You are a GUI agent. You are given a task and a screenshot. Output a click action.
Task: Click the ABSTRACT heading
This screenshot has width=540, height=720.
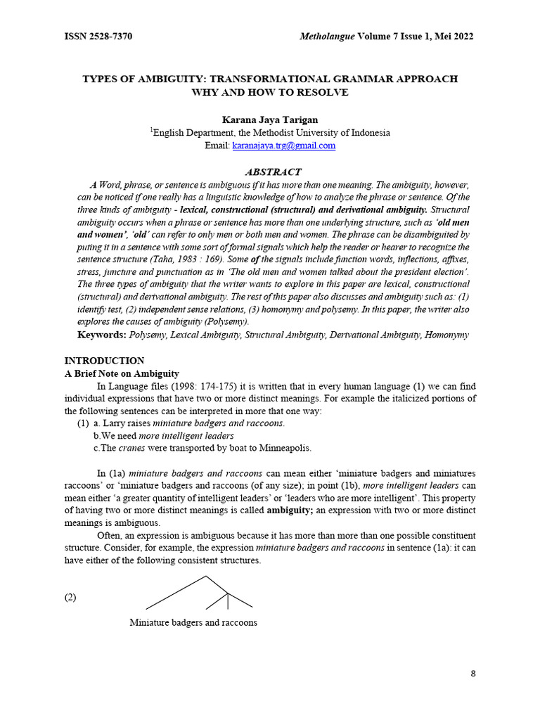(272, 172)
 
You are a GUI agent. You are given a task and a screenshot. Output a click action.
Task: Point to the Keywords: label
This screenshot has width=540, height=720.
(102, 335)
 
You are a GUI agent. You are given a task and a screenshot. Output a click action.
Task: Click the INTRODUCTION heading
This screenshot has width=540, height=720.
(104, 361)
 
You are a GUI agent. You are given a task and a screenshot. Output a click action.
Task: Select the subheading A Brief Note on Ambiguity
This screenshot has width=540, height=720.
(122, 373)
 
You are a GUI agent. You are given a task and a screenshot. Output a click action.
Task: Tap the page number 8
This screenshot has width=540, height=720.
(472, 674)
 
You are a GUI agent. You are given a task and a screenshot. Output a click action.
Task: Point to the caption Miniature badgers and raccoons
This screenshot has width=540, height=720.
(193, 622)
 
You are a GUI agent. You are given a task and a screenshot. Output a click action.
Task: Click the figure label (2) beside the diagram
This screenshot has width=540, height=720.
(70, 598)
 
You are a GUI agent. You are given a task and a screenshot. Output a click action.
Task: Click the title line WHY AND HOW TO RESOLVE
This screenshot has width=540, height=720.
(270, 92)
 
